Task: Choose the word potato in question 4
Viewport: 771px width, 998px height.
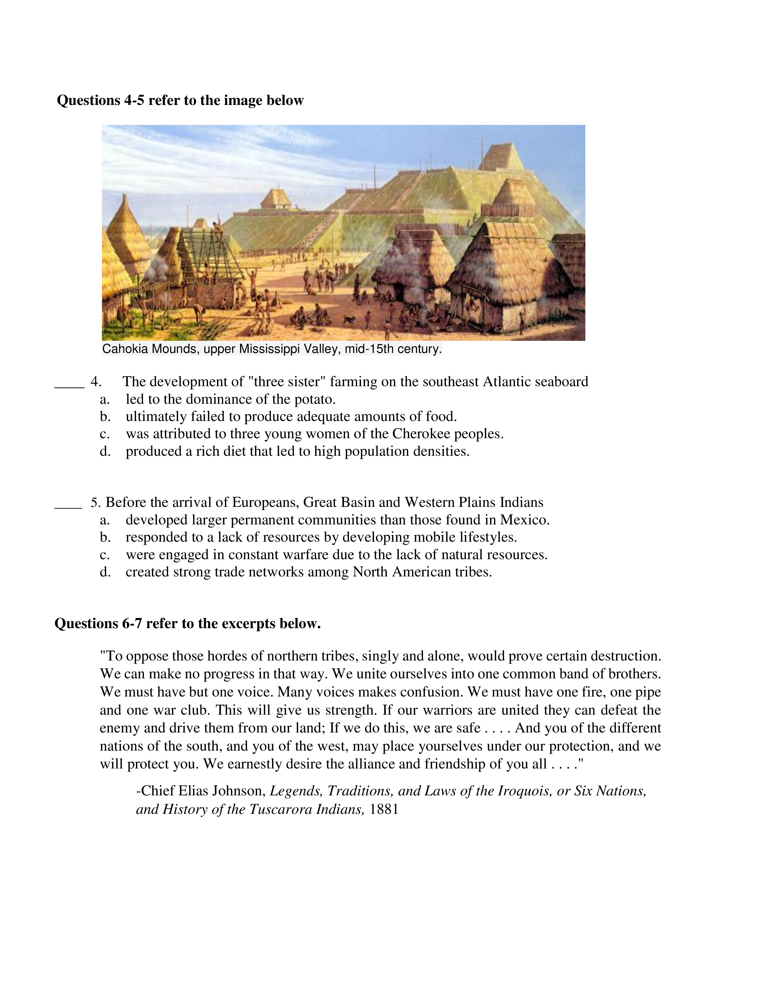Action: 314,400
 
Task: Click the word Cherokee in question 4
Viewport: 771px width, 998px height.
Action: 421,434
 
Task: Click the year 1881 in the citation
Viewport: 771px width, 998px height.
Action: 384,809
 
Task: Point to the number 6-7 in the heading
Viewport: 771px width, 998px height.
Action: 132,624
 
